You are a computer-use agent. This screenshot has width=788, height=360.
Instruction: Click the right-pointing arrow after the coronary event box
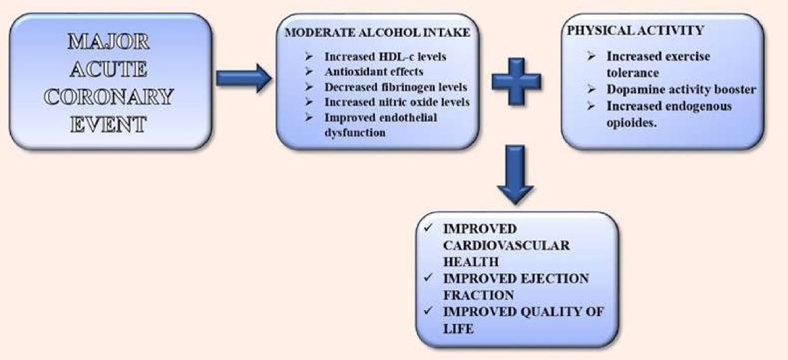click(x=244, y=80)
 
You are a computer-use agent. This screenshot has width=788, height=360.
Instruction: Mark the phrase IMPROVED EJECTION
click(x=516, y=278)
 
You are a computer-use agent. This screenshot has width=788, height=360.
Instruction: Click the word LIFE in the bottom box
click(x=458, y=328)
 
